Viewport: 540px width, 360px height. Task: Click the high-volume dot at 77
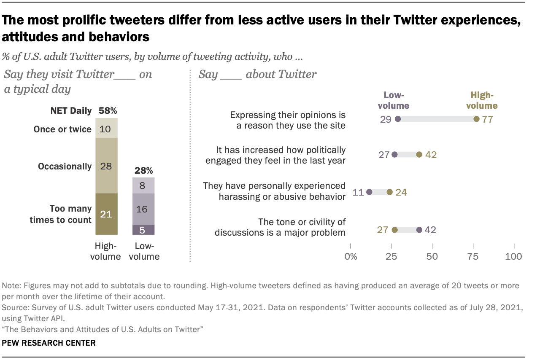pyautogui.click(x=476, y=119)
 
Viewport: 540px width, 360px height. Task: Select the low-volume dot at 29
pyautogui.click(x=398, y=119)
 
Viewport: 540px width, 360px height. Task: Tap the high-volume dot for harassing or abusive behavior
pyautogui.click(x=390, y=192)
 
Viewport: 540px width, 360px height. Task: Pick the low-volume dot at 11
pyautogui.click(x=369, y=192)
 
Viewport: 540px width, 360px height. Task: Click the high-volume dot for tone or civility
pyautogui.click(x=394, y=230)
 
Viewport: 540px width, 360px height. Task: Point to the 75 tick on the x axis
pyautogui.click(x=473, y=256)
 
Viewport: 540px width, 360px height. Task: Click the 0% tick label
pyautogui.click(x=351, y=256)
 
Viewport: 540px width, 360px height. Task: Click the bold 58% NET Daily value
pyautogui.click(x=107, y=111)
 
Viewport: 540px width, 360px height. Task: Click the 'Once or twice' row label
pyautogui.click(x=62, y=129)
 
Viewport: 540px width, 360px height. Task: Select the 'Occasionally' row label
pyautogui.click(x=65, y=166)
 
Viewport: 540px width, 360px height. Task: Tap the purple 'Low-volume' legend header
pyautogui.click(x=397, y=100)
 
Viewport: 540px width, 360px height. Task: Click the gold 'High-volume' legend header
pyautogui.click(x=483, y=100)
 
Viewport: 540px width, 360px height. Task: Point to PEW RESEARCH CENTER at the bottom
pyautogui.click(x=49, y=343)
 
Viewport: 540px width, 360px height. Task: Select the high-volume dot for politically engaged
pyautogui.click(x=419, y=155)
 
